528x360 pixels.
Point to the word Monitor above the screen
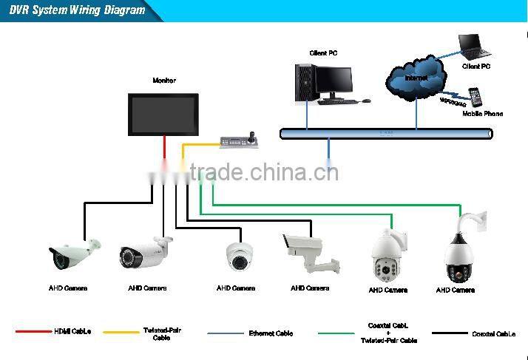pos(164,80)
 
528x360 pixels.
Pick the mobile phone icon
pos(475,98)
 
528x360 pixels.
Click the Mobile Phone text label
pos(482,114)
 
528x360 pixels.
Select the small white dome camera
pos(241,256)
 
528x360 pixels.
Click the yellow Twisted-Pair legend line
pos(120,332)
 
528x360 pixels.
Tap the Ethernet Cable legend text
pos(271,333)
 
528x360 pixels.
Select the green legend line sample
pos(336,333)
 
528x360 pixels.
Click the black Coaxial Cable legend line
pos(449,333)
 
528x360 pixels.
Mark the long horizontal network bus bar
pos(385,133)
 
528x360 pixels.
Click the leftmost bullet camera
pos(72,253)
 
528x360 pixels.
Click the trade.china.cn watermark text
pos(264,173)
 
